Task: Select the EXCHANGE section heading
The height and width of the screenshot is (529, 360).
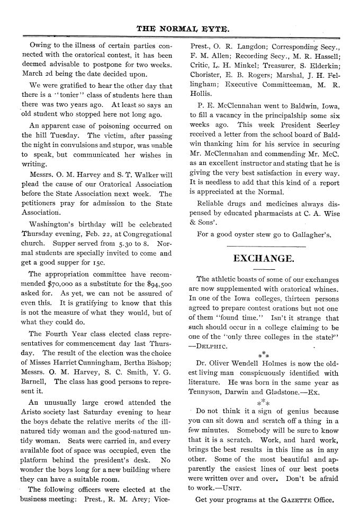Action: point(264,258)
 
